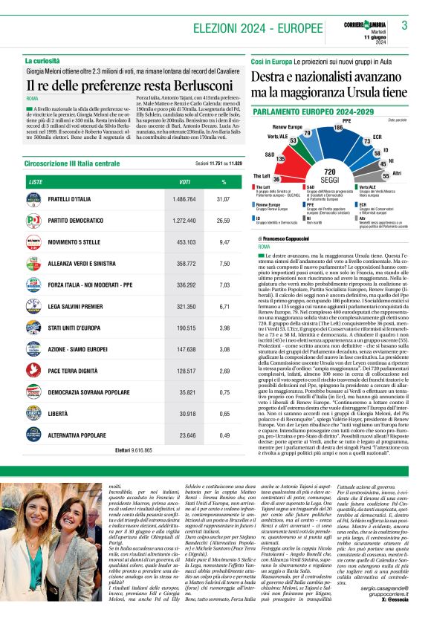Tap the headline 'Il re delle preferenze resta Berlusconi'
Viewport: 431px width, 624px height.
pos(126,84)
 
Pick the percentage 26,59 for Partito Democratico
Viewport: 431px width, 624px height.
pos(223,221)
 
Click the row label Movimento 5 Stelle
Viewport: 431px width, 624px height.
pos(75,241)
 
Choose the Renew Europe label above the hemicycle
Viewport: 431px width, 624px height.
pos(285,127)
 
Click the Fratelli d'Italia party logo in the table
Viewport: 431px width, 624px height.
pos(33,199)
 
